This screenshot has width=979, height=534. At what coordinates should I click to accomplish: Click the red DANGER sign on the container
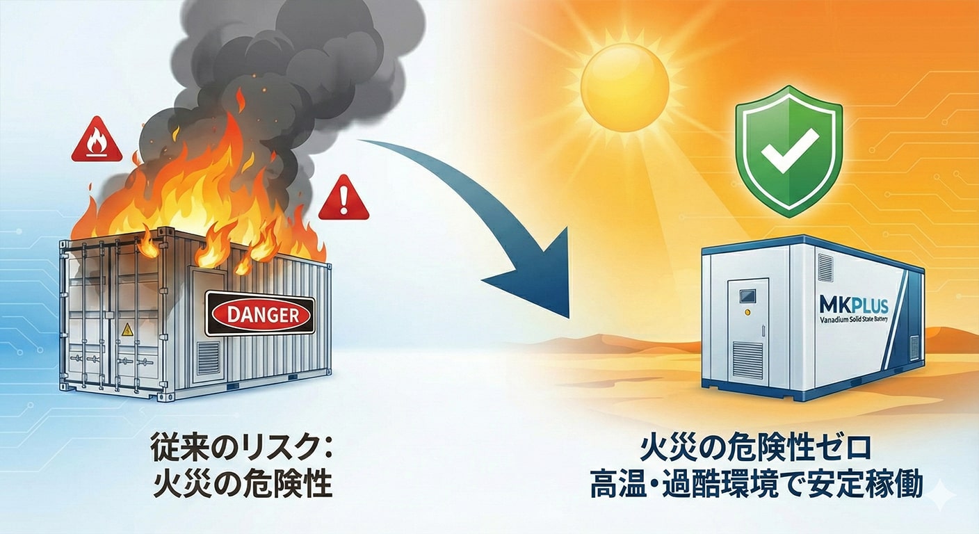pos(260,315)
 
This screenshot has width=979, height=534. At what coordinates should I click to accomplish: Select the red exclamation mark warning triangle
pos(343,199)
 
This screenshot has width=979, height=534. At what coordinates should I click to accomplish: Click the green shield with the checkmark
pos(788,149)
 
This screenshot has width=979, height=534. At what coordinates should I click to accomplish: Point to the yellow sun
pos(624,88)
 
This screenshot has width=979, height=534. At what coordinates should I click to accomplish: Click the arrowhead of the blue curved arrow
pos(535,278)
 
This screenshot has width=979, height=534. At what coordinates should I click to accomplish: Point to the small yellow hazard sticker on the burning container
pos(127,329)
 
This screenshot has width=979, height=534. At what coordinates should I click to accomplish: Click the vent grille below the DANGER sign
pos(208,357)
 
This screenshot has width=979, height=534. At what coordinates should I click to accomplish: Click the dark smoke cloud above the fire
pos(278,63)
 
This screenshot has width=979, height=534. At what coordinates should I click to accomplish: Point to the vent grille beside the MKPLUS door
pos(825,267)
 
